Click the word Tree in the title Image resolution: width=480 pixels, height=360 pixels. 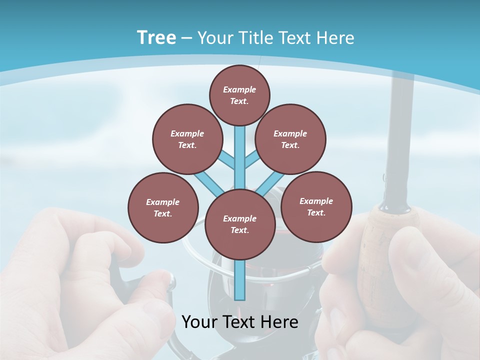[x=156, y=37]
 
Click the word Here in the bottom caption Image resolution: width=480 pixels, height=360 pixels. [x=279, y=322]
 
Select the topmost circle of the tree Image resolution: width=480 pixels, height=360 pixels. [x=239, y=95]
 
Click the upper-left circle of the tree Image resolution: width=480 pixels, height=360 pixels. [x=187, y=139]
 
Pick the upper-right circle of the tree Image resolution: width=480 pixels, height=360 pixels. [x=290, y=139]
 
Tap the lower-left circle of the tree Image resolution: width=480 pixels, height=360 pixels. [x=163, y=207]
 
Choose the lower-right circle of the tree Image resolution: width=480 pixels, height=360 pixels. [x=316, y=206]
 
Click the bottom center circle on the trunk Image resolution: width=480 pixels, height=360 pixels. [x=240, y=224]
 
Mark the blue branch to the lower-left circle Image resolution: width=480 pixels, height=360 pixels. [x=209, y=182]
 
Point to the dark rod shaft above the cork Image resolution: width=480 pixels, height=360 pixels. [x=400, y=140]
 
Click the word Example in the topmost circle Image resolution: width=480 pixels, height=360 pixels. [x=239, y=89]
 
